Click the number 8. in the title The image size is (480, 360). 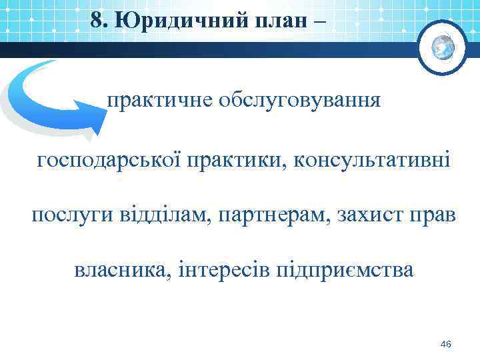100,20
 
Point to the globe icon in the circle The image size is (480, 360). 443,47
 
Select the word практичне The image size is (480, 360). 157,102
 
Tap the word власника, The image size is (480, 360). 121,271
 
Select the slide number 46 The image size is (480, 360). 446,344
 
